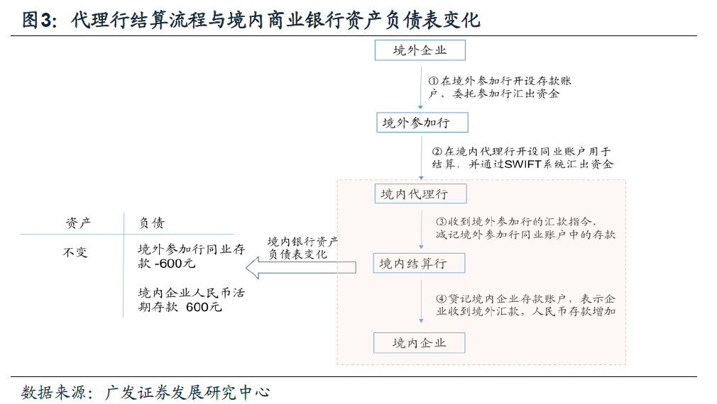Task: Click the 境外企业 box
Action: (x=420, y=50)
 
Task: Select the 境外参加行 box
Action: (x=422, y=123)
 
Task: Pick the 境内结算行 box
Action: (x=420, y=264)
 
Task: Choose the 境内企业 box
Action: (x=420, y=343)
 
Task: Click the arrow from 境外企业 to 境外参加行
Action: (x=420, y=86)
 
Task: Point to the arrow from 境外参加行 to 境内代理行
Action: (x=420, y=157)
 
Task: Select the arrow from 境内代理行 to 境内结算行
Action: (x=420, y=228)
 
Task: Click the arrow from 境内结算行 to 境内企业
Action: (x=420, y=303)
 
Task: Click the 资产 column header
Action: (x=78, y=223)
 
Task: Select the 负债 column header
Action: (x=152, y=223)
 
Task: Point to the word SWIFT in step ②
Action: (x=523, y=164)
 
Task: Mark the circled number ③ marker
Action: (x=440, y=221)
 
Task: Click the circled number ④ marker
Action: (x=440, y=298)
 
